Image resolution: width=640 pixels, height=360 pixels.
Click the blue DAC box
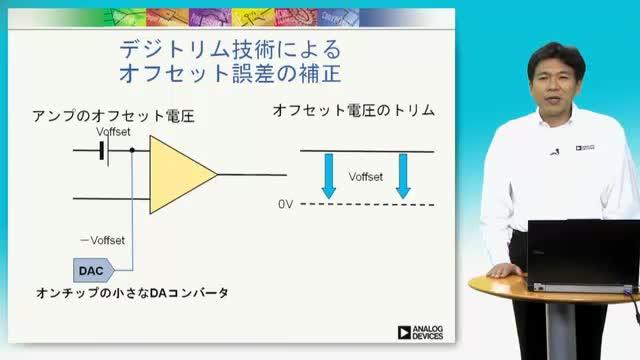click(93, 270)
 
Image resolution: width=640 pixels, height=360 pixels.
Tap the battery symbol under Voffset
click(104, 151)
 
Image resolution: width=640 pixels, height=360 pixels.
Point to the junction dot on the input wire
click(132, 150)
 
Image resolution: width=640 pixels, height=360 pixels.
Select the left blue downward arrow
click(329, 176)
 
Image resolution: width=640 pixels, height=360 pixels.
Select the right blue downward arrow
click(403, 176)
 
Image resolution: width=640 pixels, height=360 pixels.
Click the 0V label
click(286, 204)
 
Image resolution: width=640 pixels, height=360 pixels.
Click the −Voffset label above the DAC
click(102, 240)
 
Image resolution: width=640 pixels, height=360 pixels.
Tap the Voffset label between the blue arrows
click(366, 177)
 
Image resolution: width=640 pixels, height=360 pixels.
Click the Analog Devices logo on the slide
click(420, 332)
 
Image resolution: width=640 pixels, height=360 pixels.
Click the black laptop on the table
click(584, 255)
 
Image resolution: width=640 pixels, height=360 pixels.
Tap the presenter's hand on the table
click(504, 270)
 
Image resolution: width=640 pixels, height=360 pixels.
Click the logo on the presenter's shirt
click(585, 147)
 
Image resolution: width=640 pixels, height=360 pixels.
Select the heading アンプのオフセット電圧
click(113, 116)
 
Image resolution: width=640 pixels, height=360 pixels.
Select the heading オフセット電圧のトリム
click(354, 110)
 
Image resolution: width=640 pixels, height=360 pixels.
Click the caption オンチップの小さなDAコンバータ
click(132, 293)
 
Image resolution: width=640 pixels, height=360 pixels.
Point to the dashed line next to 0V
click(367, 204)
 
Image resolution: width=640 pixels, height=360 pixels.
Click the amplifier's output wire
click(252, 175)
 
